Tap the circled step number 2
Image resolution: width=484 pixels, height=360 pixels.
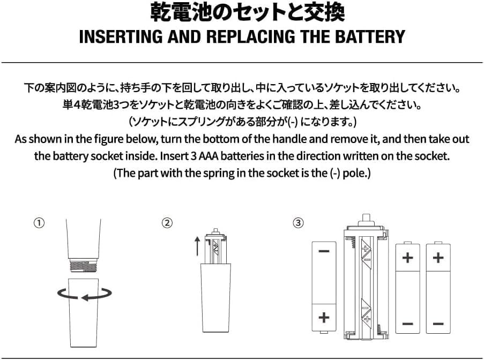coord(168,222)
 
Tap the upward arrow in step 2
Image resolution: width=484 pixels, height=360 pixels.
coord(197,246)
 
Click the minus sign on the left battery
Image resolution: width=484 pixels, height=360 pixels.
coord(324,251)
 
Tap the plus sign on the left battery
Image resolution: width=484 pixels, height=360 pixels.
coord(324,317)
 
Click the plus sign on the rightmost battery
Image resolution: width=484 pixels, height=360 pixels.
coord(438,258)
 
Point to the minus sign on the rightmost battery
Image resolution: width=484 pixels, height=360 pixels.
coord(438,324)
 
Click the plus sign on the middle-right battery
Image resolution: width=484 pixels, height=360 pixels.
coord(407,258)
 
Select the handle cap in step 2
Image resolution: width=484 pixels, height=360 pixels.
coord(217,297)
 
